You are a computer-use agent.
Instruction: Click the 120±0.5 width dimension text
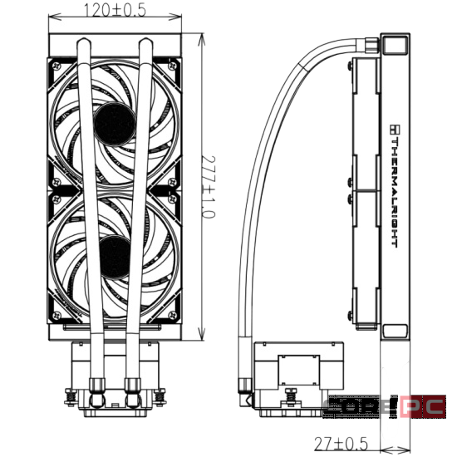pyautogui.click(x=115, y=10)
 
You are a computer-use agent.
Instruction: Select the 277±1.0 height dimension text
pyautogui.click(x=209, y=187)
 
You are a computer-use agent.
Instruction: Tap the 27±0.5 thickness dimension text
pyautogui.click(x=342, y=444)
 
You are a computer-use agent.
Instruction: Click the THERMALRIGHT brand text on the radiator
pyautogui.click(x=395, y=194)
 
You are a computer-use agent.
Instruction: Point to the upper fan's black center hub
pyautogui.click(x=115, y=124)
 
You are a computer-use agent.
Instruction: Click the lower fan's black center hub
pyautogui.click(x=115, y=257)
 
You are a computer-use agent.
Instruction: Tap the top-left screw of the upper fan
pyautogui.click(x=57, y=66)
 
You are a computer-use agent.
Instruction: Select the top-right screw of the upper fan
pyautogui.click(x=173, y=66)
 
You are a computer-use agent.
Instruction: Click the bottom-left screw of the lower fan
pyautogui.click(x=57, y=315)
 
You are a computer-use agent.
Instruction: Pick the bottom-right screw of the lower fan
pyautogui.click(x=173, y=315)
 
